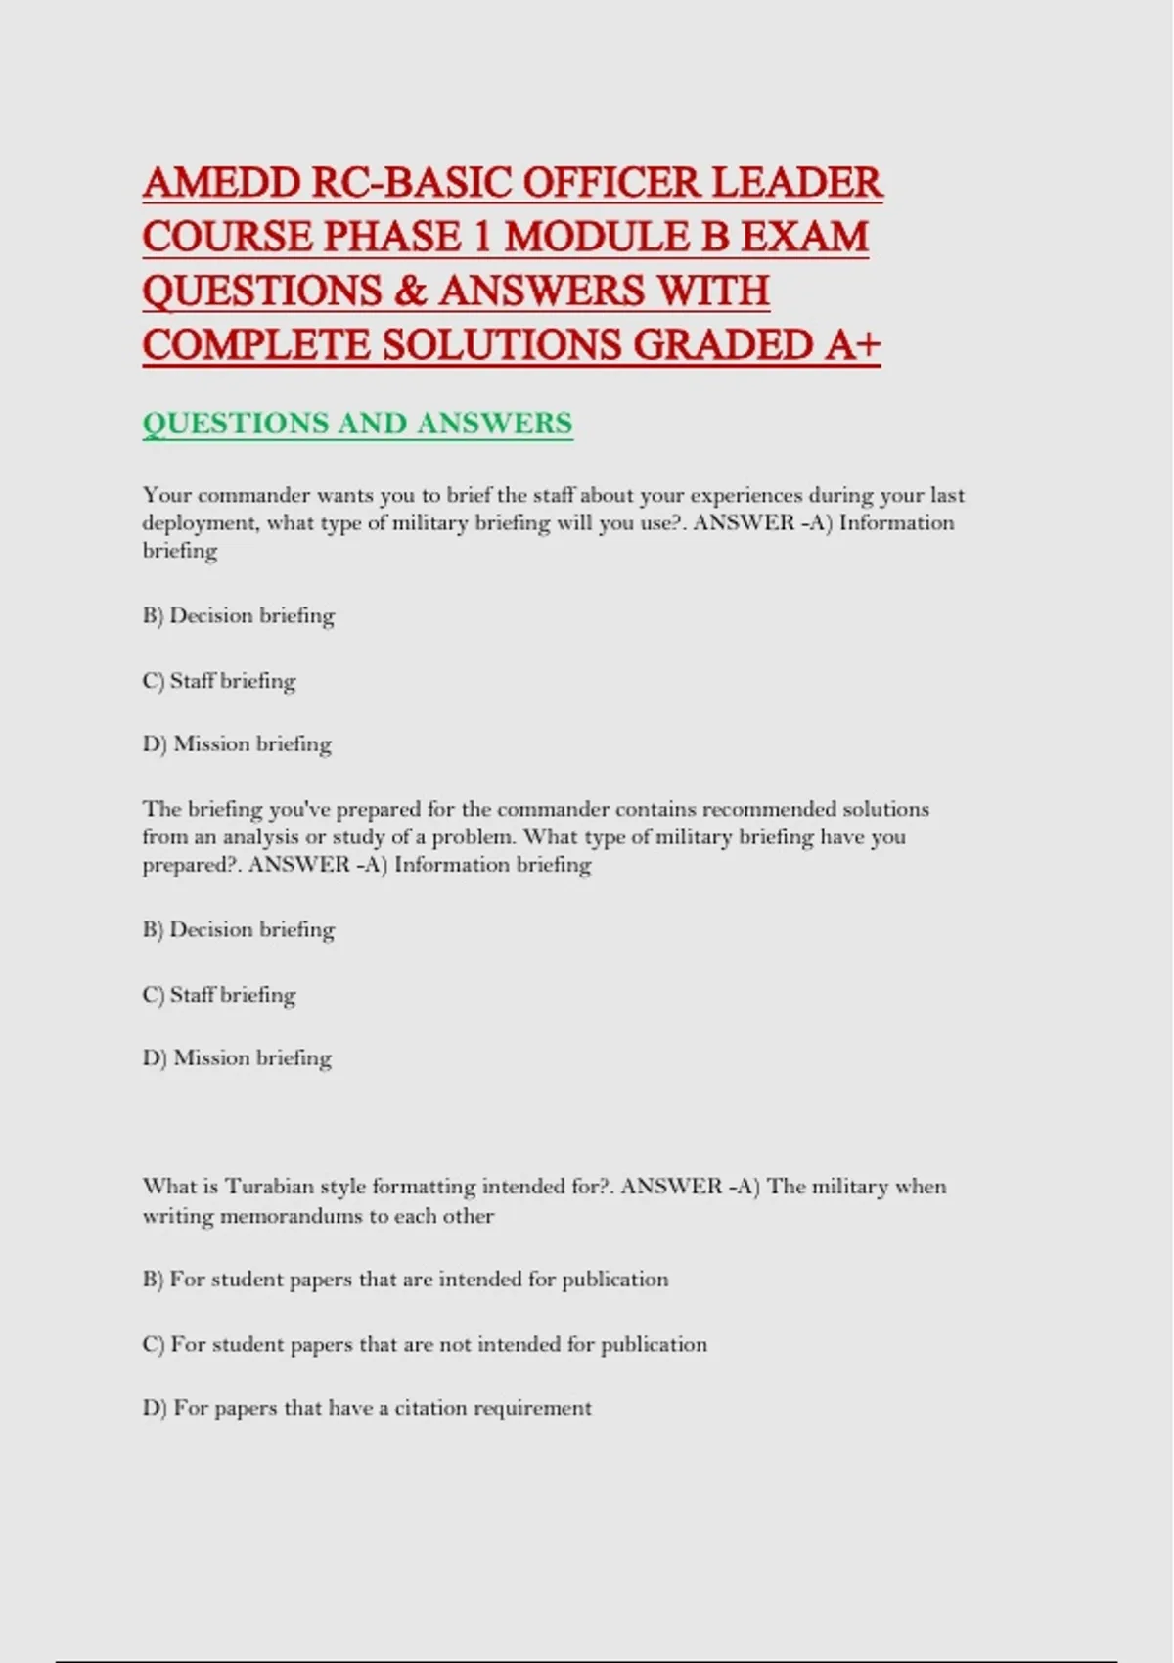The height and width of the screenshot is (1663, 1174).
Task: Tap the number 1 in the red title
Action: (x=479, y=237)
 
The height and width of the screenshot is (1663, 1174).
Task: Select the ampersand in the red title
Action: (x=410, y=291)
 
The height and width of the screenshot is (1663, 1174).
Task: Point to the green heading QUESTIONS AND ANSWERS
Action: (x=357, y=424)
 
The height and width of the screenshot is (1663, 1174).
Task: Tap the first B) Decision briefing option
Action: (x=239, y=615)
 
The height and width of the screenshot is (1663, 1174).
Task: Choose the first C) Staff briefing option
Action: (x=219, y=680)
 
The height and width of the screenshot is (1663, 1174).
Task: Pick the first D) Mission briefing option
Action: (x=237, y=743)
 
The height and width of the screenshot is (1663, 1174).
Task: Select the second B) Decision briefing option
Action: (x=239, y=929)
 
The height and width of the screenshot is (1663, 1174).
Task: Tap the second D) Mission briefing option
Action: (x=237, y=1057)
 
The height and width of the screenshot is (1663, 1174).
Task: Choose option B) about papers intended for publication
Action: (x=405, y=1280)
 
